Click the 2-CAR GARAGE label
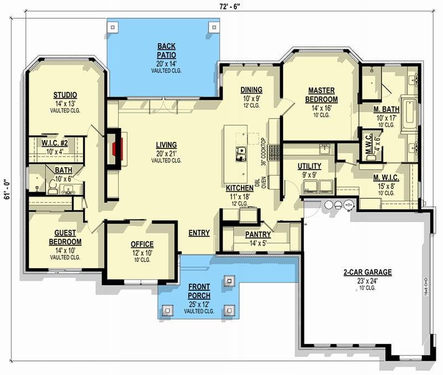(367, 272)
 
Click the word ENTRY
(199, 233)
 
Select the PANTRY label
(258, 234)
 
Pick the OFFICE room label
(142, 244)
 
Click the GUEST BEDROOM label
(65, 238)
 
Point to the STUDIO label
(65, 95)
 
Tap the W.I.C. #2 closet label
(54, 143)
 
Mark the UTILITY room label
(310, 166)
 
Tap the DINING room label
(251, 90)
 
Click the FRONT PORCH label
(198, 291)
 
